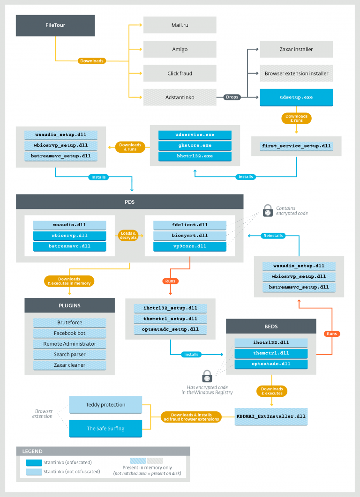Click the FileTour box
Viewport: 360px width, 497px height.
coord(55,25)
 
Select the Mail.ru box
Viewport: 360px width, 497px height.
coord(180,25)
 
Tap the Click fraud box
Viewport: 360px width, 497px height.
coord(180,74)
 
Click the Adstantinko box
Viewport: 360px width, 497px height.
coord(180,97)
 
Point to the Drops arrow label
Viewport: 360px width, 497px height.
coord(232,97)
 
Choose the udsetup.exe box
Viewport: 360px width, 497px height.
coord(296,97)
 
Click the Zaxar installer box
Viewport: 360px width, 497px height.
coord(296,49)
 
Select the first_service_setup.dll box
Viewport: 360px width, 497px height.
coord(296,146)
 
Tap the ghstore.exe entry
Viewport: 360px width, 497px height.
coord(195,145)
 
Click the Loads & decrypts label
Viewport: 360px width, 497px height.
coord(129,235)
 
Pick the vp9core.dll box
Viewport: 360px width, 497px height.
coord(190,246)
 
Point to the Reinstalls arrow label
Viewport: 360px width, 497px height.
coord(273,236)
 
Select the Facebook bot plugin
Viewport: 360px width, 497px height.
coord(69,333)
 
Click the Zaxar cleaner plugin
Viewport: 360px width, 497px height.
coord(69,365)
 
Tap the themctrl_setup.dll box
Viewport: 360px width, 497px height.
coord(170,319)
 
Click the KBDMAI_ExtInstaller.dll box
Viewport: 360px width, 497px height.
coord(271,416)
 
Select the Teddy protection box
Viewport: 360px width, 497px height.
coord(105,404)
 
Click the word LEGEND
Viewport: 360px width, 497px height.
coord(32,451)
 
